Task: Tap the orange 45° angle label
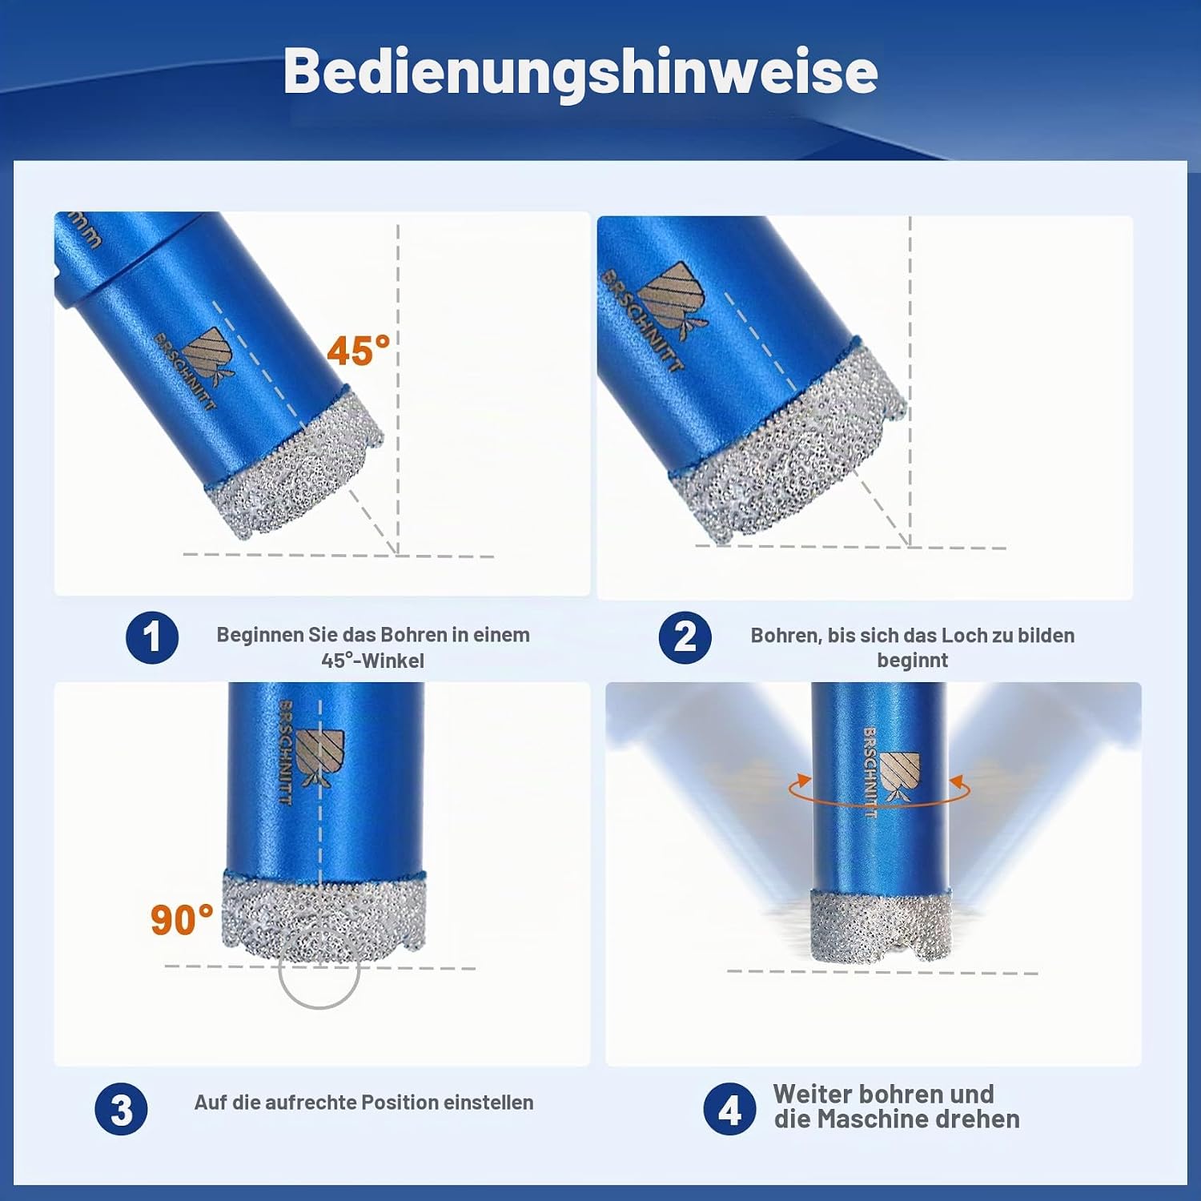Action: click(358, 351)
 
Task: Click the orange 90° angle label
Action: click(182, 919)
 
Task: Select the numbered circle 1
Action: click(152, 637)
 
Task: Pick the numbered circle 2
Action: click(685, 637)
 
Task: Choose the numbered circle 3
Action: click(121, 1110)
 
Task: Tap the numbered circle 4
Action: click(729, 1110)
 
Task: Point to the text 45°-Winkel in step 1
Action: click(373, 661)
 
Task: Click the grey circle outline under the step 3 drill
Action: click(319, 1007)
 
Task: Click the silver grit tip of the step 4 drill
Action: click(879, 927)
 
